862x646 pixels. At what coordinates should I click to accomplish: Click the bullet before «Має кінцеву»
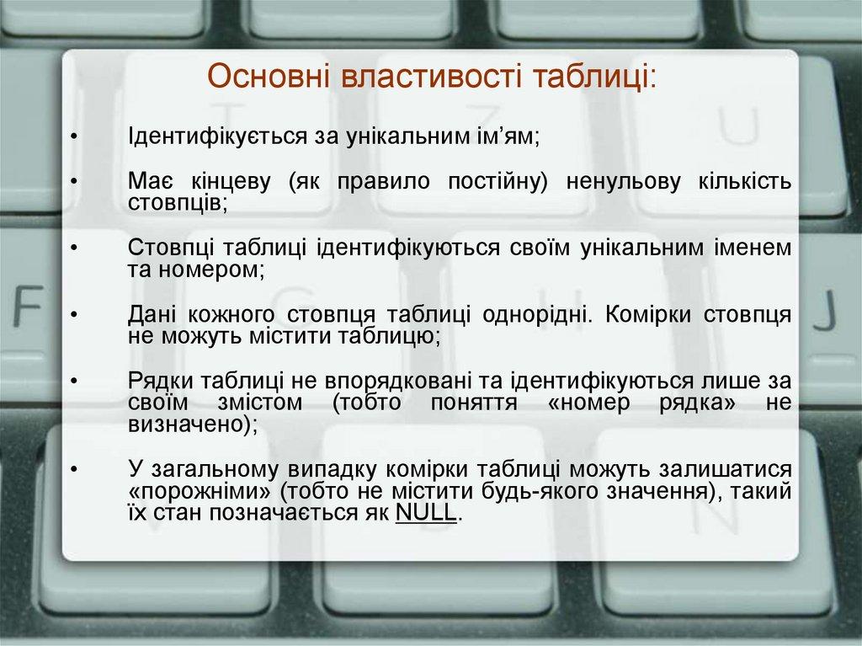tap(74, 183)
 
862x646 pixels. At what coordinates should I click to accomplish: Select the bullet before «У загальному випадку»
tap(74, 469)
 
